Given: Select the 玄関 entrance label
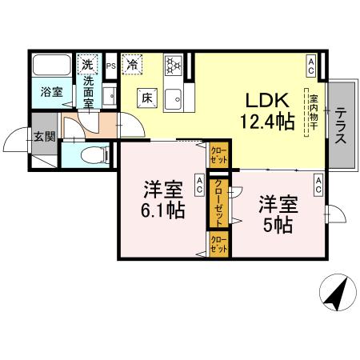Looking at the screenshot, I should point(45,137).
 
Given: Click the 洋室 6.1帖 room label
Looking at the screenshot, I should point(165,201).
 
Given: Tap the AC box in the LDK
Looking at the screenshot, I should point(311,62).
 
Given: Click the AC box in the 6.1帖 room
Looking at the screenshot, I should point(200,187).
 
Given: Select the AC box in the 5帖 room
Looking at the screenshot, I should point(318,187).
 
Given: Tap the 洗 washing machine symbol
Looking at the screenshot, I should point(86,63).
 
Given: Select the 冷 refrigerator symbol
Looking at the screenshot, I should point(133,63).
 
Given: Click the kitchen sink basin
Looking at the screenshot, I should point(174,100).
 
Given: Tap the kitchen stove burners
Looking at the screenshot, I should point(174,65).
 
